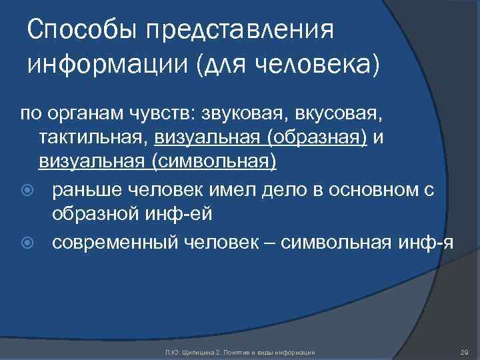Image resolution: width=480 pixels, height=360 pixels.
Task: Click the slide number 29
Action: coord(464,351)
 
